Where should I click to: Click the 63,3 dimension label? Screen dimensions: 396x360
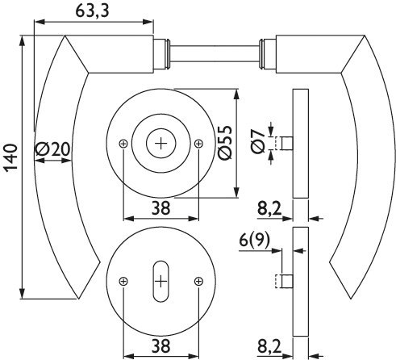92,11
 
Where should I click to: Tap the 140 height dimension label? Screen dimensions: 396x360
10,157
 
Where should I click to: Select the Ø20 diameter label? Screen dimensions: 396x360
52,149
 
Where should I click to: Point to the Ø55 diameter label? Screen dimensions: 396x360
225,143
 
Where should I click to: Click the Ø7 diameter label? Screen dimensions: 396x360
258,141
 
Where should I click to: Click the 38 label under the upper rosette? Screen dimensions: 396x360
161,208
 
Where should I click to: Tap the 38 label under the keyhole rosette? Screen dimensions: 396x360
161,345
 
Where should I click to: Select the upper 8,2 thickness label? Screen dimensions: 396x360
269,208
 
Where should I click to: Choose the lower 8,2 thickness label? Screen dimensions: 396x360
269,346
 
